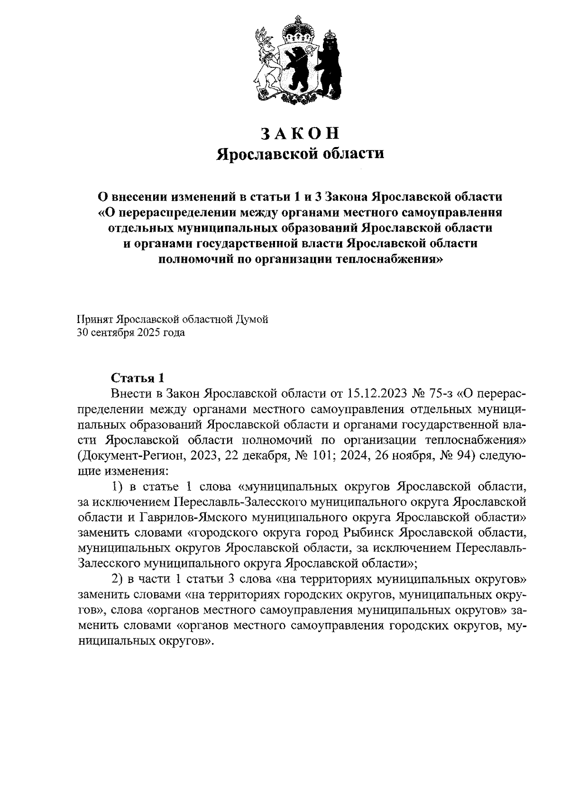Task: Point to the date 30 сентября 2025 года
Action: pyautogui.click(x=131, y=333)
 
